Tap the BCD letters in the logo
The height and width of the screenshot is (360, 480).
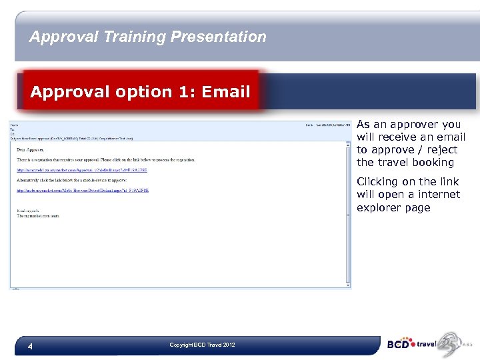pos(400,345)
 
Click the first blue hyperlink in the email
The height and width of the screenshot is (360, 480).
pos(82,171)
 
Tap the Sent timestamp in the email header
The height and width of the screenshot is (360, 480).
pos(327,125)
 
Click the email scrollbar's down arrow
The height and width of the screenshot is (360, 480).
pos(347,284)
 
